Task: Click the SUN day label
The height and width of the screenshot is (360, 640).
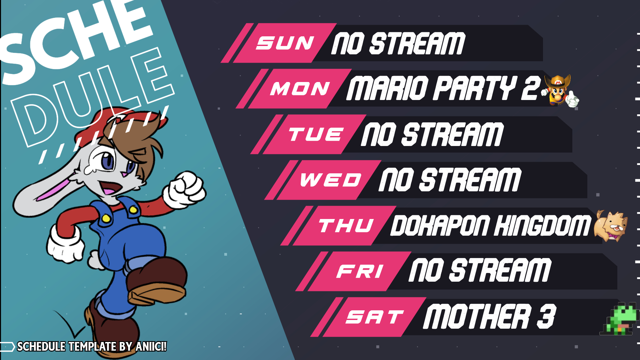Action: tap(285, 43)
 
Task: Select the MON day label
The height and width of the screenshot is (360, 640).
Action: tap(300, 89)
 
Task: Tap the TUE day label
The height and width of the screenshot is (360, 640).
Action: tap(316, 134)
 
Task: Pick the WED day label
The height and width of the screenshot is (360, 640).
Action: tap(330, 180)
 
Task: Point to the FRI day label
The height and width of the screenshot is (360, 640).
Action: tap(360, 271)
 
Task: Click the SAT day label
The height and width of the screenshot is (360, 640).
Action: tap(375, 317)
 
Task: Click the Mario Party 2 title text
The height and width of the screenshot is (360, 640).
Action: tap(443, 88)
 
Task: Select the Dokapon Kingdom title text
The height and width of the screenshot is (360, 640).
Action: tap(490, 225)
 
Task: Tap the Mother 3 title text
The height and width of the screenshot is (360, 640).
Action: tap(490, 317)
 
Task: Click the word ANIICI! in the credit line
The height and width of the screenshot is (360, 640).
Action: tap(151, 347)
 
